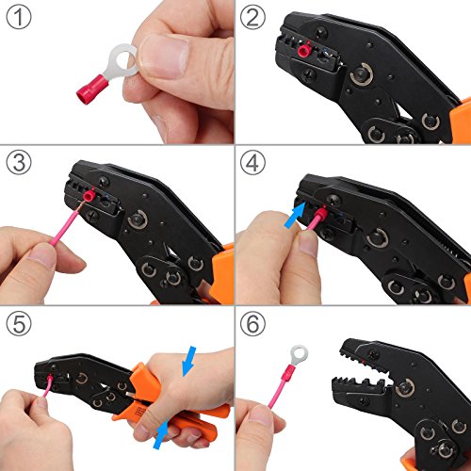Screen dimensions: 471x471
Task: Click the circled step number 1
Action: [19, 17]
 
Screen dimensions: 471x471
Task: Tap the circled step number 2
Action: [252, 17]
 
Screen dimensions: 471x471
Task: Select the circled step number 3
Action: [19, 163]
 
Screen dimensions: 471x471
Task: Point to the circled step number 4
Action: [252, 163]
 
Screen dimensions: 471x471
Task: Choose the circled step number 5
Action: [19, 323]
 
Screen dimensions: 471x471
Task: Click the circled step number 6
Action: [252, 323]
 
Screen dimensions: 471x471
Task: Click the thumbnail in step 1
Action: [164, 56]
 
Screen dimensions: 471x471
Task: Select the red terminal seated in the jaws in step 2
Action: [304, 50]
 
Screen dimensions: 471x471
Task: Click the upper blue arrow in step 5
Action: [188, 361]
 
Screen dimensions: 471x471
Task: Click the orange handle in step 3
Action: [221, 275]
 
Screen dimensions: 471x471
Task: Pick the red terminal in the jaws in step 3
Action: [89, 196]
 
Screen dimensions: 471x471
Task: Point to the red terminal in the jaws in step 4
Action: [321, 214]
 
